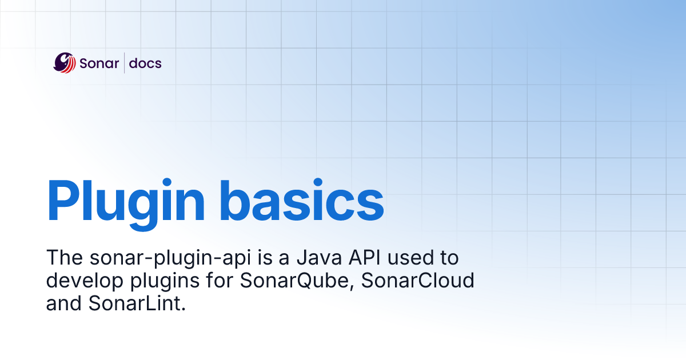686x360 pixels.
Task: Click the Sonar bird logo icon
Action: pos(65,63)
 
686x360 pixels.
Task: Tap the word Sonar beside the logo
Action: pos(98,63)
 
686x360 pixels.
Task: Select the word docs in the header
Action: pos(145,63)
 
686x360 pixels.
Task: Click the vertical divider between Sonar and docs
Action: pos(125,63)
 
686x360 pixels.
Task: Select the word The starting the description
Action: pos(62,258)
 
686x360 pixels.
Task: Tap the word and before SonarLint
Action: pos(65,304)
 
